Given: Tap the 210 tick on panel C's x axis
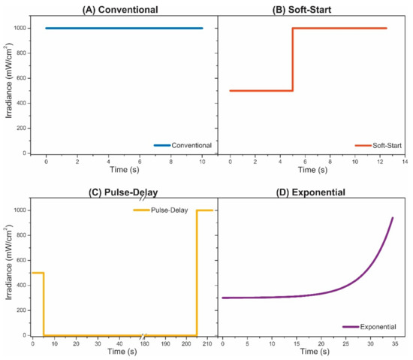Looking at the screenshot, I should tap(207, 343).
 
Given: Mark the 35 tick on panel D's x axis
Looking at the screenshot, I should tap(393, 343).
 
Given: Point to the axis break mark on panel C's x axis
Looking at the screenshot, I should tap(143, 336).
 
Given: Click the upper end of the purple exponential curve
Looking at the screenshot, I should tap(392, 219).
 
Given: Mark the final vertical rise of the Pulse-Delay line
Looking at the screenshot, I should tap(197, 271).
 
